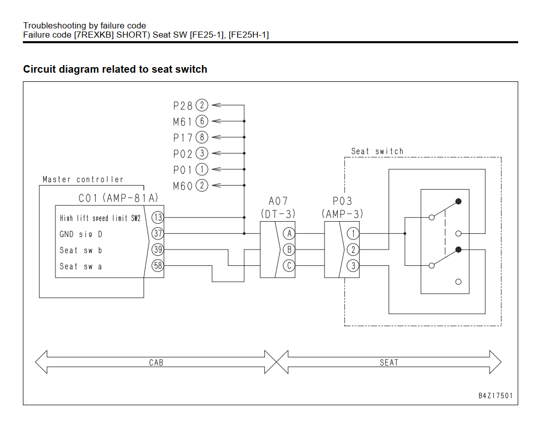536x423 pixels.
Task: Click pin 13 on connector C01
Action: pyautogui.click(x=158, y=217)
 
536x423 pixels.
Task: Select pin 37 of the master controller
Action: pyautogui.click(x=158, y=233)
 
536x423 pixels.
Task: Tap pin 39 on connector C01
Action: pyautogui.click(x=158, y=250)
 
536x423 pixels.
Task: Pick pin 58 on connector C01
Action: pyautogui.click(x=158, y=265)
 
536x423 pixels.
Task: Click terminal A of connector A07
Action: pyautogui.click(x=289, y=233)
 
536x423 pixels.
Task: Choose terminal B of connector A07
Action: pyautogui.click(x=289, y=250)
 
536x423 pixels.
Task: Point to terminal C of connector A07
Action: pyautogui.click(x=289, y=265)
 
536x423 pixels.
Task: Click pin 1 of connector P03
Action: pyautogui.click(x=353, y=233)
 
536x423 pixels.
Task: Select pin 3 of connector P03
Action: pyautogui.click(x=353, y=265)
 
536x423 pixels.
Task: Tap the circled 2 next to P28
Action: pyautogui.click(x=202, y=105)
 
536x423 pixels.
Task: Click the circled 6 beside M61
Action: pyautogui.click(x=202, y=122)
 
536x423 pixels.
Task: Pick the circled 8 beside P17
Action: pyautogui.click(x=202, y=137)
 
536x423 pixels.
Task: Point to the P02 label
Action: pyautogui.click(x=183, y=154)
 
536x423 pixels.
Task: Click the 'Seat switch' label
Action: pyautogui.click(x=377, y=152)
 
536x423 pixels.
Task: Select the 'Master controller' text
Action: pyautogui.click(x=83, y=179)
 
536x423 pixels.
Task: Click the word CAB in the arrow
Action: pyautogui.click(x=156, y=362)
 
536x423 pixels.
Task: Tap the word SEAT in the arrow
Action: pyautogui.click(x=389, y=362)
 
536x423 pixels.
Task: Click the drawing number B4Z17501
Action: pyautogui.click(x=495, y=396)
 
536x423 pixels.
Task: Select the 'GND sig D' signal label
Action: pyautogui.click(x=81, y=234)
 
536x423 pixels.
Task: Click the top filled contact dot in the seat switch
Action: pyautogui.click(x=458, y=201)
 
